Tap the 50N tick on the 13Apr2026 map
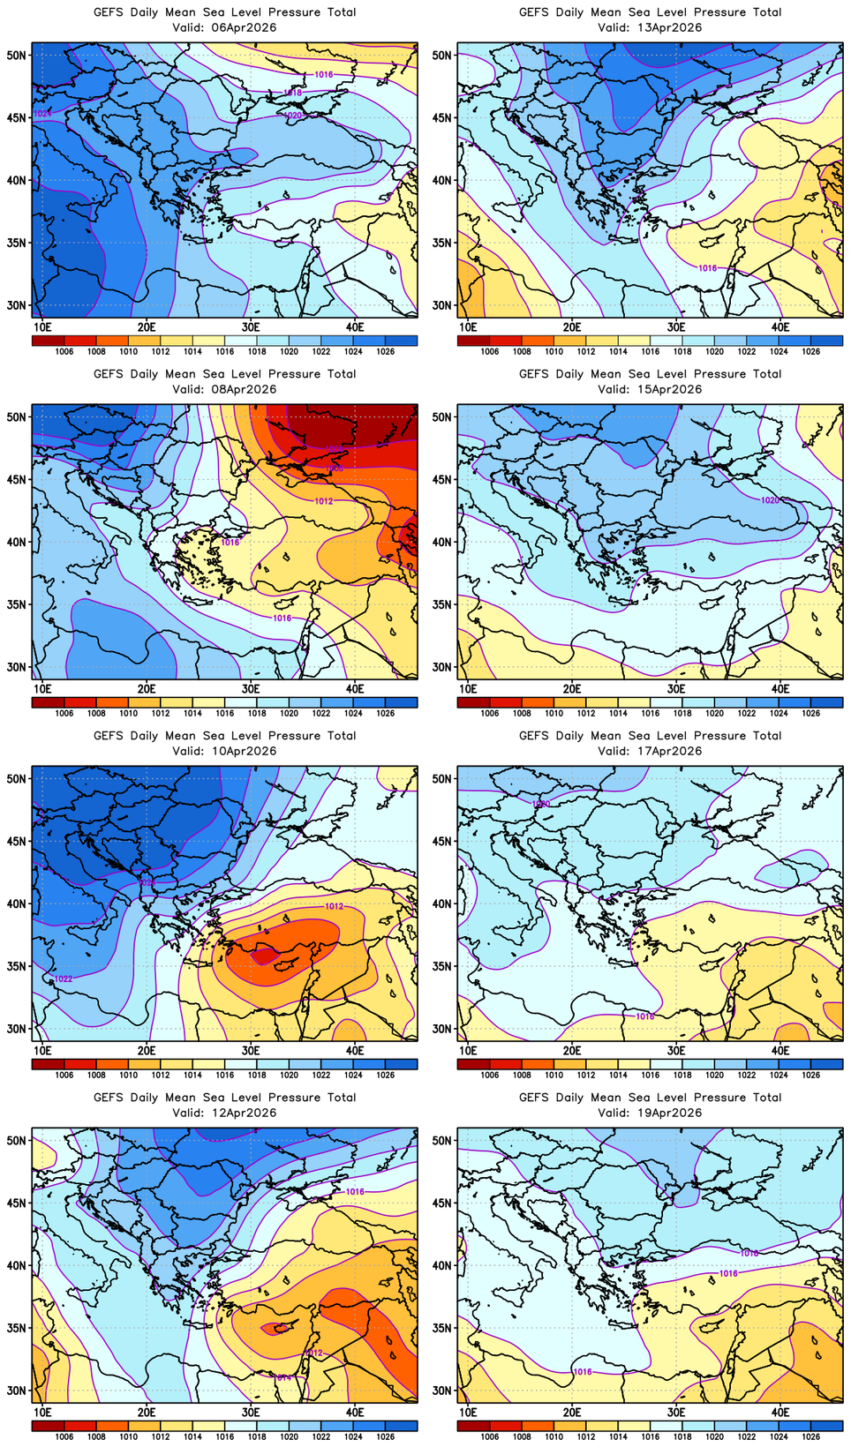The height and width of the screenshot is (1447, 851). point(442,55)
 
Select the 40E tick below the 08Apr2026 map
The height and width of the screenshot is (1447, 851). point(355,688)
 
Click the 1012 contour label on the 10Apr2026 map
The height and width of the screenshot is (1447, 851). point(334,906)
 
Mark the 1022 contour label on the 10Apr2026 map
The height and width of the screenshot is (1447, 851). point(64,978)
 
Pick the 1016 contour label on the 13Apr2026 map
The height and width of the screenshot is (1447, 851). point(707,268)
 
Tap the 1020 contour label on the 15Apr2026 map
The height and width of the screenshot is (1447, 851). point(770,500)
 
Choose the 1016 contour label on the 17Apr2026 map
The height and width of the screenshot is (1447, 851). point(645,1016)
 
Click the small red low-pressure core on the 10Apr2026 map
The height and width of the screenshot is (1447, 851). point(264,956)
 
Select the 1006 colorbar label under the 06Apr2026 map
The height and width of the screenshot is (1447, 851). point(64,351)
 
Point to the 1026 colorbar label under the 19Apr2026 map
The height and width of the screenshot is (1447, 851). point(810,1436)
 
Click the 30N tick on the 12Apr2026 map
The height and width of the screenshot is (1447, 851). point(17,1391)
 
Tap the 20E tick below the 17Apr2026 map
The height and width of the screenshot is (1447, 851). point(572,1050)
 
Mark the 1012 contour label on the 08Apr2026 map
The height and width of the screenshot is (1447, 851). point(324,501)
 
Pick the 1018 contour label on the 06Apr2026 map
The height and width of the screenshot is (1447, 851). point(293,93)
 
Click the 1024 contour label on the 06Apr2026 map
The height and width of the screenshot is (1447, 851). point(42,114)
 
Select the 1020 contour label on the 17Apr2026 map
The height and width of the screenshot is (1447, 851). point(541,804)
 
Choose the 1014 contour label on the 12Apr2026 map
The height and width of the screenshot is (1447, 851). point(282,1377)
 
